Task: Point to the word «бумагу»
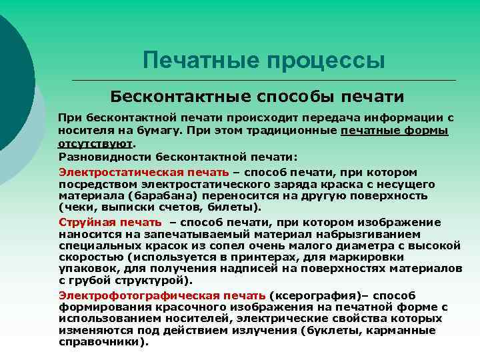(159, 130)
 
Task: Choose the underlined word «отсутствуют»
(96, 142)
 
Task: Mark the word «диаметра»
(346, 245)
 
